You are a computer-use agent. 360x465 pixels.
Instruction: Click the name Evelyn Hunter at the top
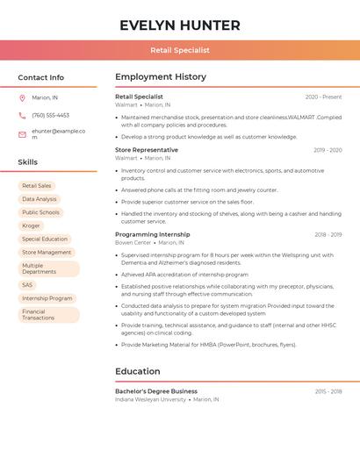(x=180, y=25)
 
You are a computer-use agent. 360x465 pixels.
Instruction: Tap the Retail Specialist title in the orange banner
(x=180, y=50)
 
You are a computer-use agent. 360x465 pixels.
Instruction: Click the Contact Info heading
(x=41, y=77)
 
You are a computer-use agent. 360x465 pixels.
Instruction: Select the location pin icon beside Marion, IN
(x=23, y=97)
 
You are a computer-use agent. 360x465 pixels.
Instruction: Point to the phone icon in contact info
(x=23, y=115)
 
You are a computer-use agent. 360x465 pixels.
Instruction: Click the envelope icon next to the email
(x=23, y=134)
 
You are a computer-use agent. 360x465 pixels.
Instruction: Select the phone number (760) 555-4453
(x=50, y=115)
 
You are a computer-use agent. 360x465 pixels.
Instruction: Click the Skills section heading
(x=28, y=162)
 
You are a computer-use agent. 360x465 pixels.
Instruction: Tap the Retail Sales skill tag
(x=37, y=186)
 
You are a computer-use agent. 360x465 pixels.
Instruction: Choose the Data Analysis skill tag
(x=40, y=199)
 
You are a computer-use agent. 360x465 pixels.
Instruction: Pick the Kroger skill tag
(x=32, y=225)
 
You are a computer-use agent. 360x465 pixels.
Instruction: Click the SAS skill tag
(x=28, y=284)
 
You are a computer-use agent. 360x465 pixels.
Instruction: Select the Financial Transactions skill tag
(x=39, y=314)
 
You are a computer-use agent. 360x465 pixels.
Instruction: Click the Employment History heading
(x=161, y=77)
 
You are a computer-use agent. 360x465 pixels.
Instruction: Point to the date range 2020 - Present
(x=323, y=97)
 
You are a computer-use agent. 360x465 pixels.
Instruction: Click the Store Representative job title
(x=147, y=150)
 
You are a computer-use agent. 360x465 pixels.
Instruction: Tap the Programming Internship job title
(x=152, y=234)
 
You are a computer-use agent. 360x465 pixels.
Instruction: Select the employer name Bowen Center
(x=133, y=242)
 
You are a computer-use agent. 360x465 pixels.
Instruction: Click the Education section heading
(x=138, y=371)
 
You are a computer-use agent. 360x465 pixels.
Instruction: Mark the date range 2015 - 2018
(x=328, y=391)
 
